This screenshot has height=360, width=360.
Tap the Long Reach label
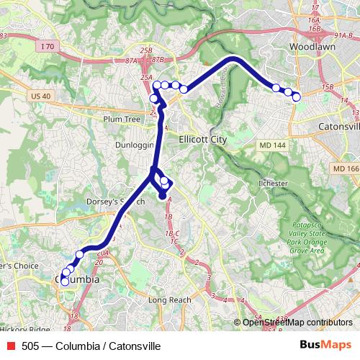(168, 300)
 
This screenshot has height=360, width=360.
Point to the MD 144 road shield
(271, 145)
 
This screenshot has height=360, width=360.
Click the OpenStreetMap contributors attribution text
(297, 323)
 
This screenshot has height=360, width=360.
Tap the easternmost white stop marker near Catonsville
(296, 96)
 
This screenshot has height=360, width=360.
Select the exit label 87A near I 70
(131, 62)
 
